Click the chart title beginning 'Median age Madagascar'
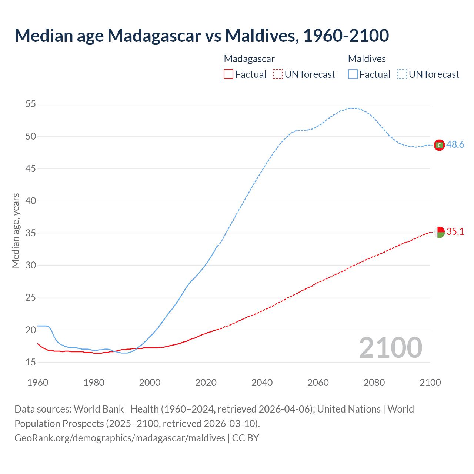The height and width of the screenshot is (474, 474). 202,36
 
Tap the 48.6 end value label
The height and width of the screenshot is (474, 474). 455,144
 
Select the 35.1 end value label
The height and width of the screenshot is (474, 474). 455,231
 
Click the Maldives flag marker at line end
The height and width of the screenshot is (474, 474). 439,145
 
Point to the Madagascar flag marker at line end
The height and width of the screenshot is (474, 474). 439,233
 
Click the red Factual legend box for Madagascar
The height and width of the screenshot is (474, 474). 228,74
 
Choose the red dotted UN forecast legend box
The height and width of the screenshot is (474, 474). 278,74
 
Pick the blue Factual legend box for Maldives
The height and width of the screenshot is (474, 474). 353,74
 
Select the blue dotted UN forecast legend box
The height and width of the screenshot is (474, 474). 402,74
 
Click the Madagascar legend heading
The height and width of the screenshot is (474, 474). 249,59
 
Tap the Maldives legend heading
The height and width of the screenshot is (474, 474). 367,59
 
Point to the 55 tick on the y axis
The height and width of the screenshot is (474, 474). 31,104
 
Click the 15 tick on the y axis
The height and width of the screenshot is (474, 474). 31,362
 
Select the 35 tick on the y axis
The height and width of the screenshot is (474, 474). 31,233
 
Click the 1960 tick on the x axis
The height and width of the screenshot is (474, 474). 38,383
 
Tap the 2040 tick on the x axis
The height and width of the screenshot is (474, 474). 262,383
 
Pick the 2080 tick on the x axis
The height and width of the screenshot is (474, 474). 374,383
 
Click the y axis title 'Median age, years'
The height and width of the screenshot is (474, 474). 16,230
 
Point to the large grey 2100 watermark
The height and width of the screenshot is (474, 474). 390,348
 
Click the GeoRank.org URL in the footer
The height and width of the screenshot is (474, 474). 120,438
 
